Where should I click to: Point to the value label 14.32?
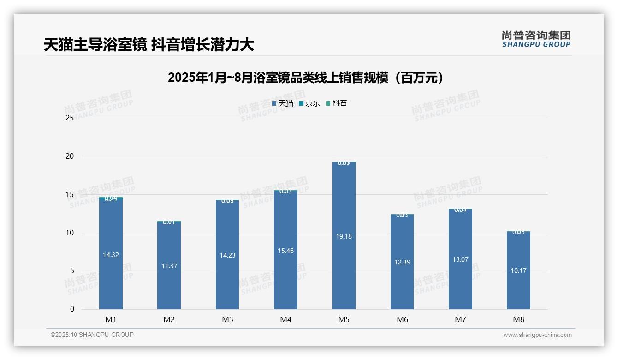[111, 255]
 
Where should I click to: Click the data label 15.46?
[285, 251]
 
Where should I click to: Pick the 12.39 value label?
[402, 262]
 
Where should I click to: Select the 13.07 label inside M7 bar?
[460, 259]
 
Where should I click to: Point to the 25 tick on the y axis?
[70, 118]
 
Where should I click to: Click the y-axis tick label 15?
[70, 195]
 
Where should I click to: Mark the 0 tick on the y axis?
[72, 309]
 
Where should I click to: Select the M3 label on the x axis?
[227, 320]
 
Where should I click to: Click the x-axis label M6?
[402, 320]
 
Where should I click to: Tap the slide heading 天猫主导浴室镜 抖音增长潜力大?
[149, 45]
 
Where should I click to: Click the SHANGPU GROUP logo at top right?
[536, 39]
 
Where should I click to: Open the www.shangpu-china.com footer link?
[537, 335]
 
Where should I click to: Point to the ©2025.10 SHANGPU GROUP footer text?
[92, 335]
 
